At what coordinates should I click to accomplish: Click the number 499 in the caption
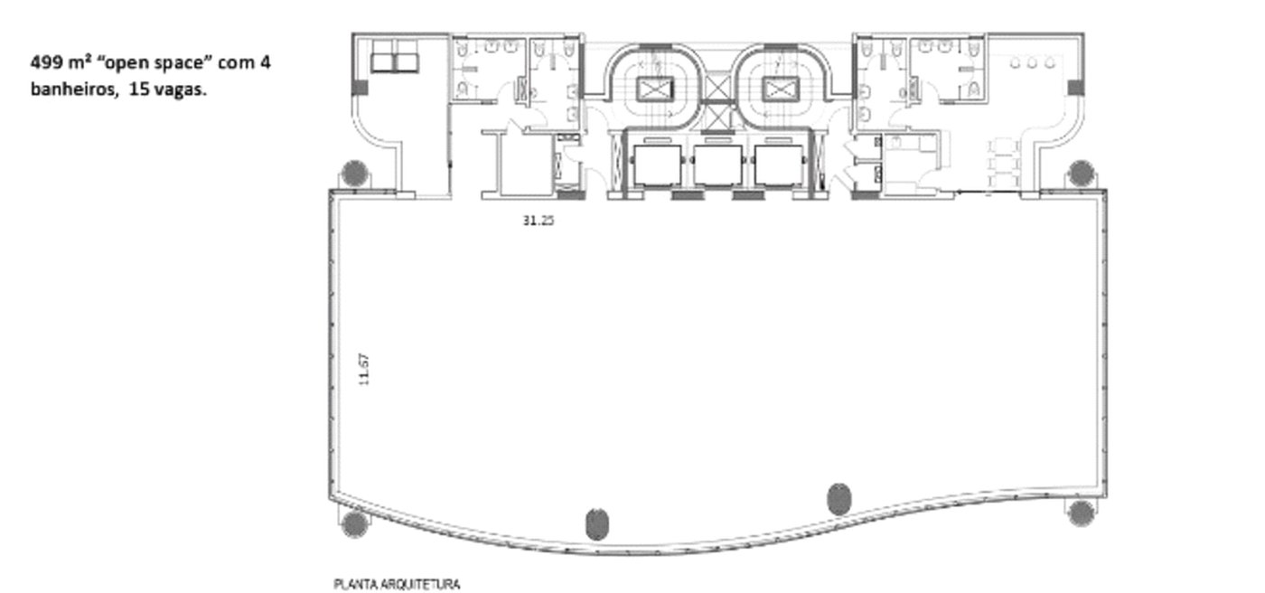[x=46, y=62]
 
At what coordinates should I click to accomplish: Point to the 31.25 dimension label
[x=539, y=221]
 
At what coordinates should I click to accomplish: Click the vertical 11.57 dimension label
[x=364, y=370]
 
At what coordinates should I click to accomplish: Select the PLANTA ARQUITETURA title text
[x=397, y=584]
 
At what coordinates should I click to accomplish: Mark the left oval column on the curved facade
[x=597, y=524]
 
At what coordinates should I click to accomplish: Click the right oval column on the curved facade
[x=839, y=499]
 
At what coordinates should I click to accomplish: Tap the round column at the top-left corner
[x=355, y=173]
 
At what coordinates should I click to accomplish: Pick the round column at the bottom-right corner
[x=1082, y=513]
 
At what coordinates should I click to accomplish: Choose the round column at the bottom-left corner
[x=355, y=523]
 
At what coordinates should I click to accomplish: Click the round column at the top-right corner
[x=1082, y=173]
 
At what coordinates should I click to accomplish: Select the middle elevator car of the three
[x=717, y=165]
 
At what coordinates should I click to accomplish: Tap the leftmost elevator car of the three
[x=658, y=165]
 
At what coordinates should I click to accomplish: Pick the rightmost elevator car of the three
[x=778, y=165]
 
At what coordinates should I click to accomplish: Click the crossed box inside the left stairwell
[x=655, y=89]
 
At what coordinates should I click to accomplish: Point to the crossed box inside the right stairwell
[x=781, y=89]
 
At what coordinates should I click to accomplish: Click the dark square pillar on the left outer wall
[x=361, y=88]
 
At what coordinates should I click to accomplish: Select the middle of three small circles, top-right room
[x=1032, y=63]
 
